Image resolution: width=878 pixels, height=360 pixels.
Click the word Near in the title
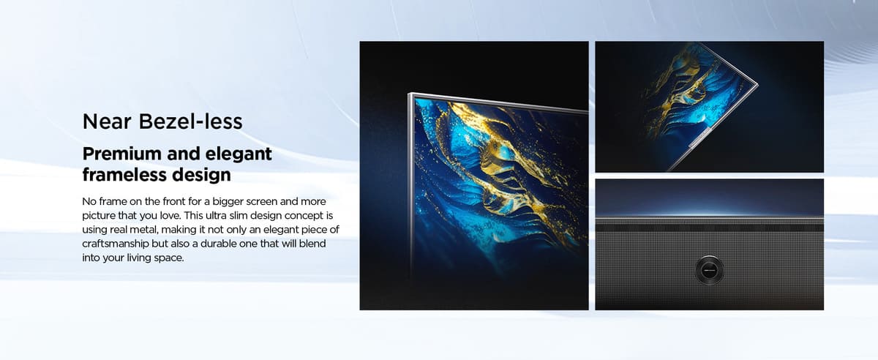click(107, 121)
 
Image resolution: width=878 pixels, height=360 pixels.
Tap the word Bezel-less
click(190, 121)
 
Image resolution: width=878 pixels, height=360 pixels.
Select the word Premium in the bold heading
click(122, 154)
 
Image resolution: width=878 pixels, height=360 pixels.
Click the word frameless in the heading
click(124, 174)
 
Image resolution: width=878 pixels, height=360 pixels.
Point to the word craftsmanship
click(116, 244)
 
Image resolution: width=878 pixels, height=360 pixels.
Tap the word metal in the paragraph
click(145, 230)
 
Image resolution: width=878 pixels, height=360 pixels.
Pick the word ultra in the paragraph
click(216, 215)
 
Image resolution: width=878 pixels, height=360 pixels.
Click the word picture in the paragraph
click(97, 216)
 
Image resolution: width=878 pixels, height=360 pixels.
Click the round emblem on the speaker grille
click(710, 270)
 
